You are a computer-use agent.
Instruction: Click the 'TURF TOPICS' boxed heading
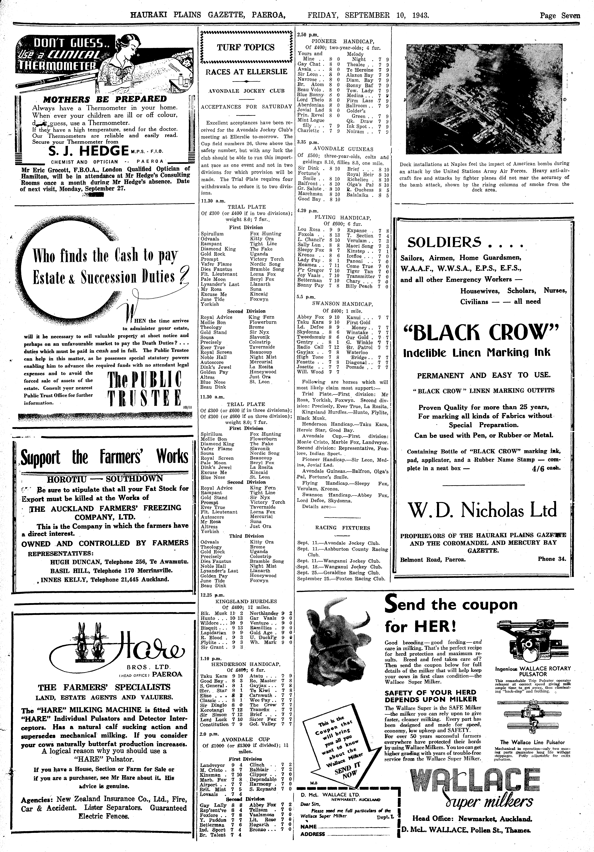pos(246,48)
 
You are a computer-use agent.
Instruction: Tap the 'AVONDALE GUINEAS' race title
pos(343,149)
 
